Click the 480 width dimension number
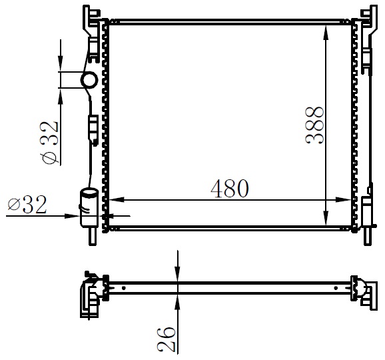[x=230, y=189]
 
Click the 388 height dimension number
[x=314, y=125]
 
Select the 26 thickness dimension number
[x=167, y=339]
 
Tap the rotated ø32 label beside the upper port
[x=51, y=143]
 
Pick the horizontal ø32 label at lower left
[x=27, y=204]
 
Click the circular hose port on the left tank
[x=89, y=80]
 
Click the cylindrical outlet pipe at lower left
[x=89, y=207]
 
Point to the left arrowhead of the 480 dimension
[x=116, y=200]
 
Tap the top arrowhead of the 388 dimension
[x=326, y=33]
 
